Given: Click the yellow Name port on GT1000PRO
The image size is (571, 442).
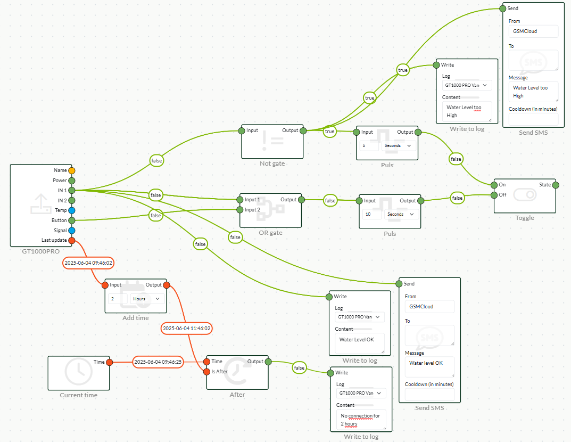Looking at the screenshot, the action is (72, 170).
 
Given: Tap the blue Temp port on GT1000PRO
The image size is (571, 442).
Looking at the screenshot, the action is (72, 210).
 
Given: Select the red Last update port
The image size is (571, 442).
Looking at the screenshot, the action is (72, 241).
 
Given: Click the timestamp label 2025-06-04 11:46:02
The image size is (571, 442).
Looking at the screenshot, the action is (186, 329).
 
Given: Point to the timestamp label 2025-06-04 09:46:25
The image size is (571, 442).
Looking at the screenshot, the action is (158, 362).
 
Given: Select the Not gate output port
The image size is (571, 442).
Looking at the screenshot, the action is (303, 130).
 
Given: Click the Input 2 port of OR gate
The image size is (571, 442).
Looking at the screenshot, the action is (239, 209).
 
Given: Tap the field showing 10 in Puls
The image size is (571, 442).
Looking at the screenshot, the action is (371, 214).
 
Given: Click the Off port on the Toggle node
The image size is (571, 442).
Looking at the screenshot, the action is (494, 195).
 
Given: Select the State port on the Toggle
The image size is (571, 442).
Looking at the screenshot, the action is (556, 185).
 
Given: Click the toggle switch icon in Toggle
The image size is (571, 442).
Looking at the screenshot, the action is (525, 195).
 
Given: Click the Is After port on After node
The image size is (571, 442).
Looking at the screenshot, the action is (206, 372).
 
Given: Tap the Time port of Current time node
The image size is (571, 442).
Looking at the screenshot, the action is (109, 362).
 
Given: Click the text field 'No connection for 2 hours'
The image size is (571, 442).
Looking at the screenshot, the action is (361, 420).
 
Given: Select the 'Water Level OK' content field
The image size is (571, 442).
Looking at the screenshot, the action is (359, 343).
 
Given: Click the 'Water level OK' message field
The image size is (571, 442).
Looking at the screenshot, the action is (429, 366).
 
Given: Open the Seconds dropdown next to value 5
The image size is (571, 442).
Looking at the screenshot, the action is (398, 146).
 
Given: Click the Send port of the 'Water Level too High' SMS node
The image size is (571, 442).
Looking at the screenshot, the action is (502, 9).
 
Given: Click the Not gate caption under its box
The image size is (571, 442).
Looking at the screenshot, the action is (272, 163).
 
